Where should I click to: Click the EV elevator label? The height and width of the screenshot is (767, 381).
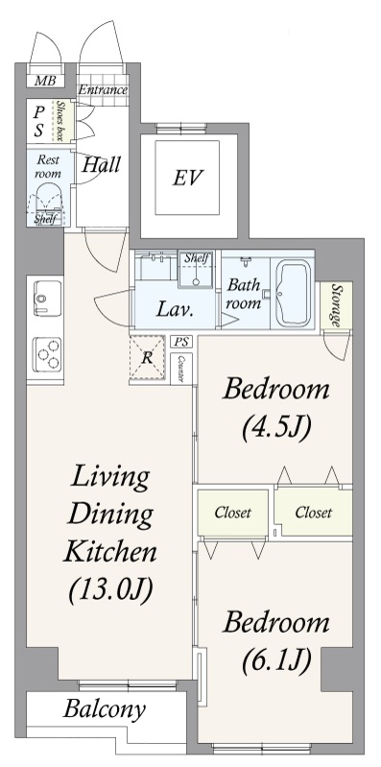click(187, 178)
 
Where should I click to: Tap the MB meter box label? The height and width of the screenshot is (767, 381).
click(45, 81)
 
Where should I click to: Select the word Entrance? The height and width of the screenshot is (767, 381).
click(104, 90)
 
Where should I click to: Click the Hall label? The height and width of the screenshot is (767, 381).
click(101, 165)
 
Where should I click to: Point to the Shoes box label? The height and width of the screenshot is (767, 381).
click(60, 121)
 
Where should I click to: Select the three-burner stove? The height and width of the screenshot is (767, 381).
click(47, 353)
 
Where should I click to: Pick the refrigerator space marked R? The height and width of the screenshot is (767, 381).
click(147, 357)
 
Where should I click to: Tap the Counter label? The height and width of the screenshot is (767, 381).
click(180, 369)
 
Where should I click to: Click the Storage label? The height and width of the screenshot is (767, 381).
click(336, 305)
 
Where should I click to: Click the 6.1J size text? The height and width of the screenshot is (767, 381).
click(276, 660)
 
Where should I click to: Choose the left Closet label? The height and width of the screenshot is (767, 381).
click(233, 513)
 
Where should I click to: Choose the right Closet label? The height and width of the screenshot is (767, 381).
click(314, 513)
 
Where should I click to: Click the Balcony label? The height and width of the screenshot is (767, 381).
click(105, 709)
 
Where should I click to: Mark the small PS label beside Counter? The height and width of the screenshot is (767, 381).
click(181, 342)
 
